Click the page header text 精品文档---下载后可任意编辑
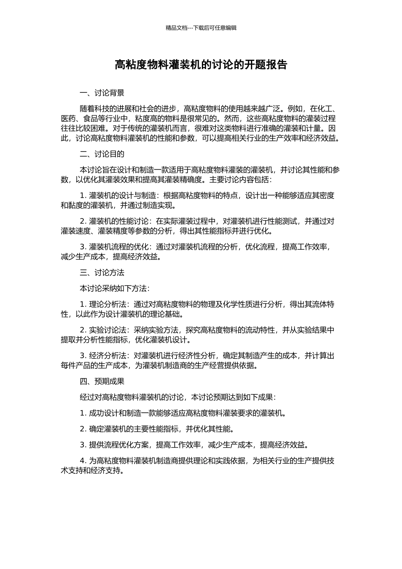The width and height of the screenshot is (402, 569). [x=201, y=28]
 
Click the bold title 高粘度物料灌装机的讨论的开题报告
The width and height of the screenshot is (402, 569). [x=201, y=65]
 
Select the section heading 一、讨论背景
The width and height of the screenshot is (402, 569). [x=102, y=93]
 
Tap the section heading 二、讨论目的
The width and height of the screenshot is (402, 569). [x=102, y=154]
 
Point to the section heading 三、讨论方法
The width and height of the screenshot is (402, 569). [x=102, y=273]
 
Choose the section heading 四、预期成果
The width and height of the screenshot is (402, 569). [x=102, y=381]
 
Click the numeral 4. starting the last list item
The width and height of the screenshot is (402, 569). [x=83, y=461]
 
